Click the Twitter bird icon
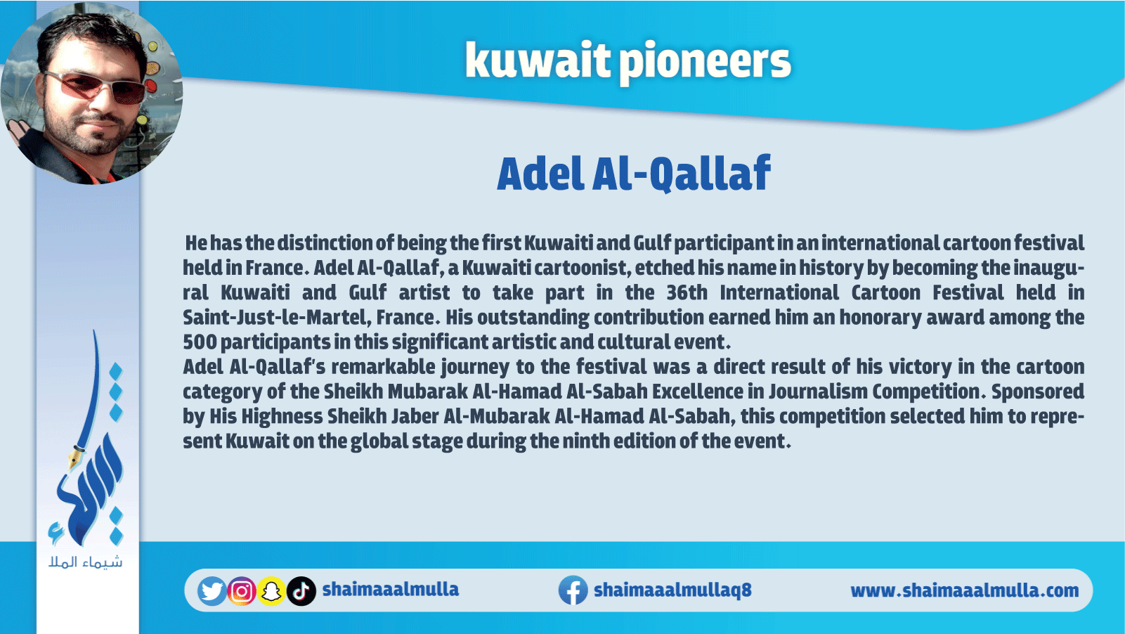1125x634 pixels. click(x=212, y=591)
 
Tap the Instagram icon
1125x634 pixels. click(x=242, y=591)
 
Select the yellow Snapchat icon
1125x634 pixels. click(x=271, y=591)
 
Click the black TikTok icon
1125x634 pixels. click(x=301, y=591)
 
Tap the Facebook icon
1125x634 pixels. click(x=573, y=590)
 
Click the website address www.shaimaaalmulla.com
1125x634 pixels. click(x=964, y=591)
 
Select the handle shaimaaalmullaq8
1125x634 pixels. click(x=672, y=590)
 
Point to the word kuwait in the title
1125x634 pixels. click(x=538, y=60)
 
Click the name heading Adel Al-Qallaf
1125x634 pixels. click(x=634, y=174)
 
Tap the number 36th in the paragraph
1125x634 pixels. click(x=687, y=292)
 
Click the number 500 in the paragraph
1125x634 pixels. click(x=199, y=342)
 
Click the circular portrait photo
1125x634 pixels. click(x=91, y=93)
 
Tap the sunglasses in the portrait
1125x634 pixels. click(x=98, y=87)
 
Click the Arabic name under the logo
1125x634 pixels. click(x=86, y=562)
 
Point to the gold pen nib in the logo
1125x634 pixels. click(x=75, y=457)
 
